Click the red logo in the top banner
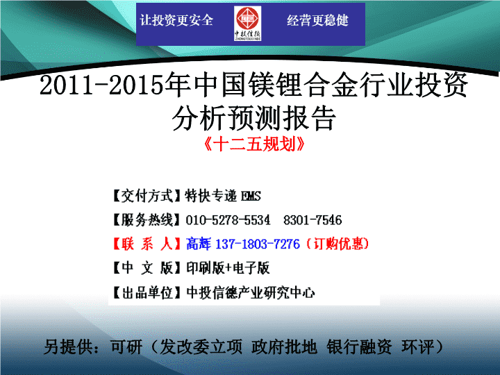247,24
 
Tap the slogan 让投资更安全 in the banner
176,20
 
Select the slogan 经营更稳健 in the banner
317,20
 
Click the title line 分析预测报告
254,118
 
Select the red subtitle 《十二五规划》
254,144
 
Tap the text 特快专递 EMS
223,196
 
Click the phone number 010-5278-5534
228,220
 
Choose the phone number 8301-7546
312,220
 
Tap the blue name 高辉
199,244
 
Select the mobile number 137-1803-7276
258,244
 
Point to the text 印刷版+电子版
228,268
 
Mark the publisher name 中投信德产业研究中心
251,293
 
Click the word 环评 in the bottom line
418,347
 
